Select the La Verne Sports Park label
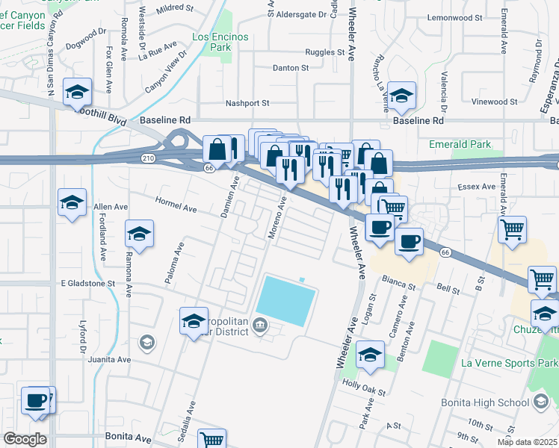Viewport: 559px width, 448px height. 508,364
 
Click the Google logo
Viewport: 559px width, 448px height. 25,439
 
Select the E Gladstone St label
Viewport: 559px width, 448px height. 88,284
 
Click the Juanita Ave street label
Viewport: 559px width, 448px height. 109,359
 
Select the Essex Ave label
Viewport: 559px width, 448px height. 478,187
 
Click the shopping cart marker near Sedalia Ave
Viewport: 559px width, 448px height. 212,440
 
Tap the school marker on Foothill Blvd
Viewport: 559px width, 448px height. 77,93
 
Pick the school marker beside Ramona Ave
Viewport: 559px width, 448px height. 139,234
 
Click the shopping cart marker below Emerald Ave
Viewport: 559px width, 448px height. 512,231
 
